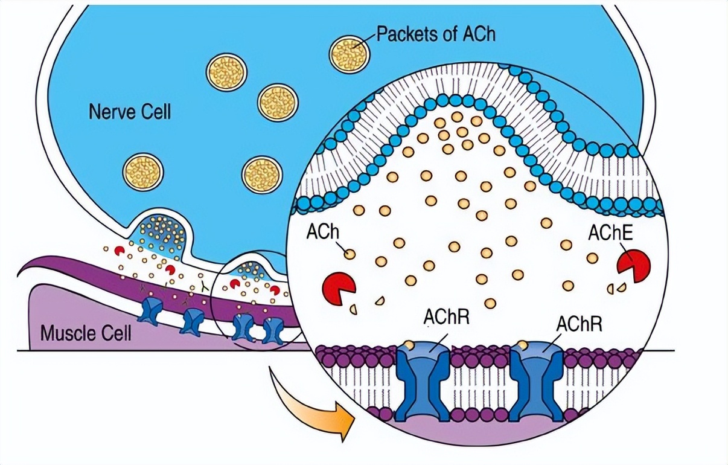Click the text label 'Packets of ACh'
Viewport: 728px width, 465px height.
click(x=435, y=33)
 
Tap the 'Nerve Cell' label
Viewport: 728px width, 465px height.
click(x=130, y=112)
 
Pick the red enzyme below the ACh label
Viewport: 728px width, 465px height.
click(x=338, y=287)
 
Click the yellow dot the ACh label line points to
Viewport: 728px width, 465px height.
click(x=350, y=255)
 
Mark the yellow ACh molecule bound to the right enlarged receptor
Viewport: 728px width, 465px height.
click(x=523, y=346)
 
